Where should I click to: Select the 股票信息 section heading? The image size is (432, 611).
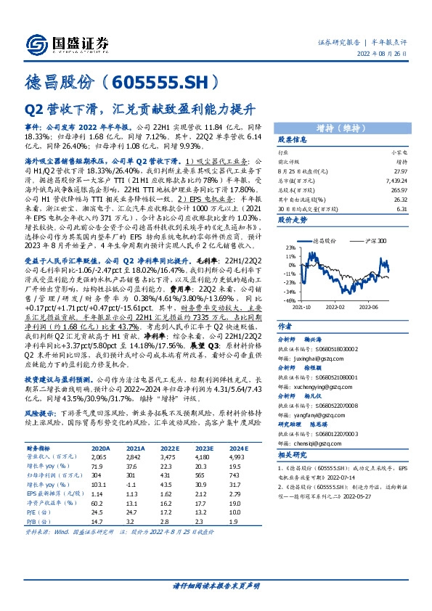point(291,139)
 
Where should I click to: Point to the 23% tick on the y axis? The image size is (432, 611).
point(290,247)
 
